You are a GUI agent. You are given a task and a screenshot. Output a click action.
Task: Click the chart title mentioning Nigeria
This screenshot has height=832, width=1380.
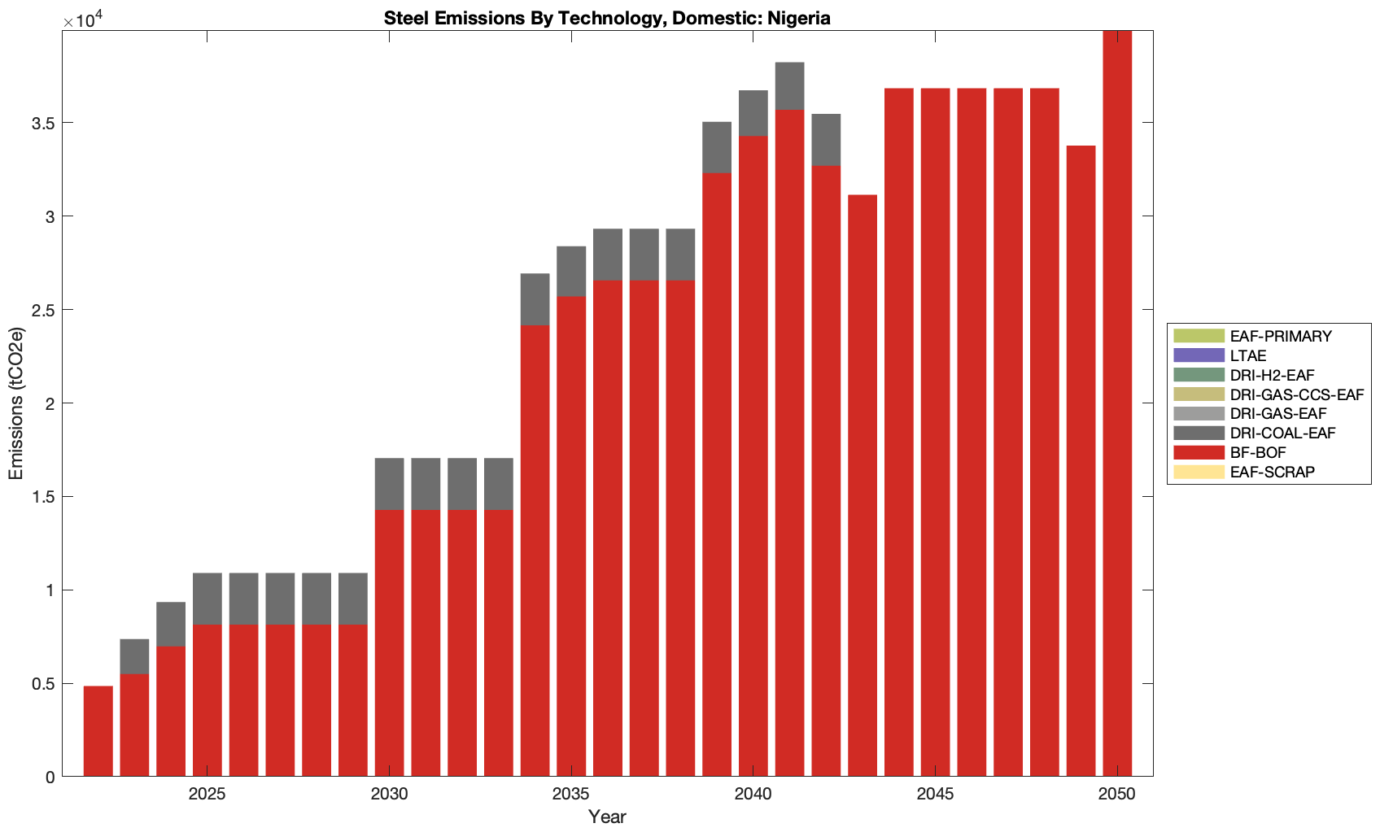click(607, 18)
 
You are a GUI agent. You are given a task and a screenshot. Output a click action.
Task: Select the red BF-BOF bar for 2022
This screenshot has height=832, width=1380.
click(98, 731)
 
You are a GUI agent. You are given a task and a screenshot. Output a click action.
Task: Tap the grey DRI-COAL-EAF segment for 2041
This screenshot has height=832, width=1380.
click(789, 86)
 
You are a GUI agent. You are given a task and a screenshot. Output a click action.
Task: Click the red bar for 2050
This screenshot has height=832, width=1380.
click(1117, 407)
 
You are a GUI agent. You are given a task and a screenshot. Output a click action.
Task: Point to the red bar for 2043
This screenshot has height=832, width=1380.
click(862, 488)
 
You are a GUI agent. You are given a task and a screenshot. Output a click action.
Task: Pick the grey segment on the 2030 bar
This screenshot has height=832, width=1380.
click(389, 484)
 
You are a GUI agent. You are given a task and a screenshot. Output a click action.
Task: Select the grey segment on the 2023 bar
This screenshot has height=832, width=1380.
click(134, 656)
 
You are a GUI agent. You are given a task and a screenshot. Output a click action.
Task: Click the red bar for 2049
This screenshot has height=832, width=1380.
click(1081, 464)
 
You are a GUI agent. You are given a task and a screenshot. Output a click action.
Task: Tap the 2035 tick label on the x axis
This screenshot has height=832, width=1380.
click(571, 795)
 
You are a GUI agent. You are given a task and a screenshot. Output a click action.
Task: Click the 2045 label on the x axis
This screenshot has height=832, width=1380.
click(935, 795)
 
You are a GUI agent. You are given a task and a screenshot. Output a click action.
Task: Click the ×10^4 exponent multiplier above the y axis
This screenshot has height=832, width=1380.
click(79, 20)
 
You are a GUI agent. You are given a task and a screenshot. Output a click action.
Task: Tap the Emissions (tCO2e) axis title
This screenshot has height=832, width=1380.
click(16, 403)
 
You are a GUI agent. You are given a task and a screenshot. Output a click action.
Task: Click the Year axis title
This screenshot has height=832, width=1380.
click(607, 817)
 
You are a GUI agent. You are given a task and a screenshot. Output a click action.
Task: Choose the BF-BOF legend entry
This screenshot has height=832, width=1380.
click(1258, 452)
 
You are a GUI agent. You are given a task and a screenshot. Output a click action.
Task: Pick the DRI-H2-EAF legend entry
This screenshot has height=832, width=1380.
click(1272, 375)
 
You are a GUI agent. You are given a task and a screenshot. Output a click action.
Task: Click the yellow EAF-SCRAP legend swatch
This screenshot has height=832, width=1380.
click(1199, 472)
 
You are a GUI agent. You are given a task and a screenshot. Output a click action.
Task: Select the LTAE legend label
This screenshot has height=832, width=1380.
click(1248, 355)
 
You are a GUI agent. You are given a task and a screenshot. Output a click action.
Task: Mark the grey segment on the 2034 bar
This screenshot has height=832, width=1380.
click(535, 299)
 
